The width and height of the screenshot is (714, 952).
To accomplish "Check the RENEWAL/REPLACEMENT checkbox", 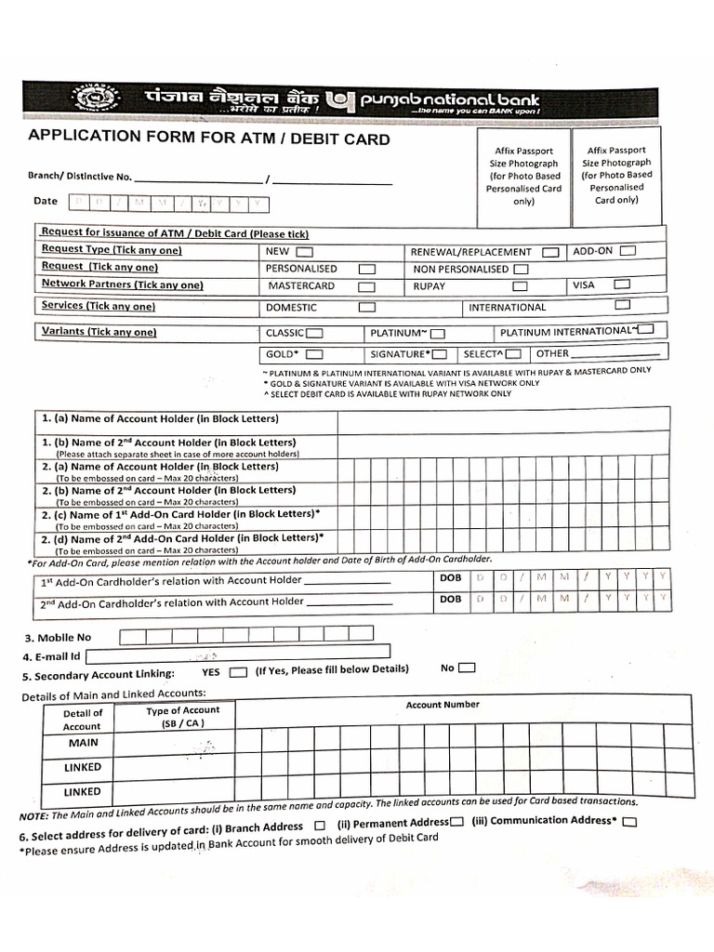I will (x=551, y=252).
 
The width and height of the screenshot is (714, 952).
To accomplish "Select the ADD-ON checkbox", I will (x=628, y=250).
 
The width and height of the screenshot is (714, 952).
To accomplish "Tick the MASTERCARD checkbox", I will (x=367, y=287).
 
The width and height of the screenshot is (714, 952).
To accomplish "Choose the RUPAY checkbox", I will (x=520, y=286).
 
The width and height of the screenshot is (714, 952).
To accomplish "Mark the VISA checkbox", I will (x=622, y=284).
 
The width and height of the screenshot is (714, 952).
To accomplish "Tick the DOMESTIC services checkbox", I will (x=367, y=307).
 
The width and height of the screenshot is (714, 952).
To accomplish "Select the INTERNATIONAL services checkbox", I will (x=623, y=305).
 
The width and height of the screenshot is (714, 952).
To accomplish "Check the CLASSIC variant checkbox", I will (x=315, y=333).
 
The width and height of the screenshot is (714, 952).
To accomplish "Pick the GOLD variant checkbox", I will (x=314, y=354).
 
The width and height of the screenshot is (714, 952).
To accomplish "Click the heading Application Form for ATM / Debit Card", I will (x=209, y=139).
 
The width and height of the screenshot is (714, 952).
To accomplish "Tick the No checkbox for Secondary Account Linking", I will (x=467, y=668).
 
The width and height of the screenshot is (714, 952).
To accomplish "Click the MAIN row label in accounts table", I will (x=83, y=744).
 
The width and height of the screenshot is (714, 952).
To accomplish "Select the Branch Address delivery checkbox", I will (x=320, y=826).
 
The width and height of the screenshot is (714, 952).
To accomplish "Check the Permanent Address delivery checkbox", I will (x=457, y=823).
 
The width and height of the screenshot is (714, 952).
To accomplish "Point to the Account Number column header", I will (x=443, y=705).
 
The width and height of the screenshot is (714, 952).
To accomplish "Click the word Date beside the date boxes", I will (x=46, y=201).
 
